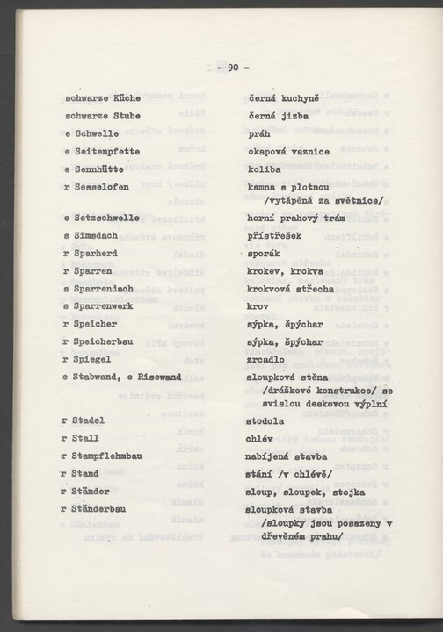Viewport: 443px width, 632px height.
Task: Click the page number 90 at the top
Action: tap(233, 68)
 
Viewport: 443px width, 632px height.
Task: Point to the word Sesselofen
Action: tap(105, 187)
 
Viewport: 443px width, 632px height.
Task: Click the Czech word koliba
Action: tap(265, 169)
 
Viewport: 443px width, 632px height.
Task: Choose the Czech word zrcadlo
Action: tap(267, 358)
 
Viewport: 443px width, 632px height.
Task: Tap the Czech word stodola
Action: tap(267, 420)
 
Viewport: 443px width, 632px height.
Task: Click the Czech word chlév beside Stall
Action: tap(261, 438)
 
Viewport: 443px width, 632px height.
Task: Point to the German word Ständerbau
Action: tap(105, 508)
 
